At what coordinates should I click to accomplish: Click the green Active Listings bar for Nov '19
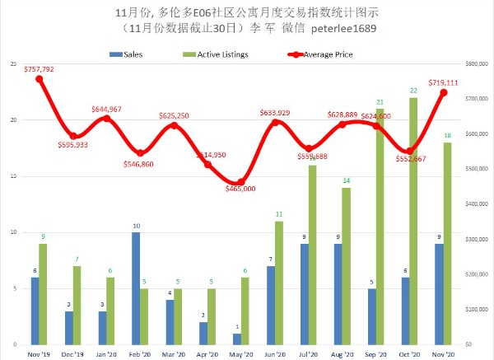point(43,293)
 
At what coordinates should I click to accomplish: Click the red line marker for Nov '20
point(444,92)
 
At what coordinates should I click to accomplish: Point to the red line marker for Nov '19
point(39,78)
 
